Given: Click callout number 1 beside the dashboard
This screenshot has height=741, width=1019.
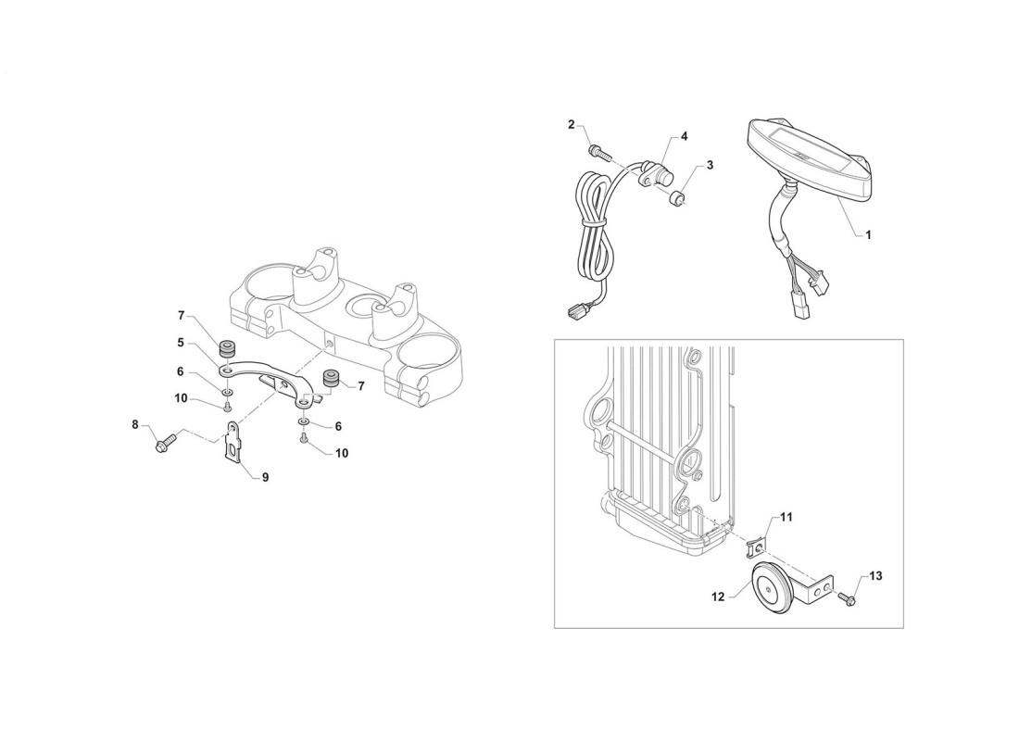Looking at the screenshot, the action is point(868,234).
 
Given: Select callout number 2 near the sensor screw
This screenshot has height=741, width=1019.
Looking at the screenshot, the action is point(572,125).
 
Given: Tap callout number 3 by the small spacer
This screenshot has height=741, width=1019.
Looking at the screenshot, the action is point(710,166).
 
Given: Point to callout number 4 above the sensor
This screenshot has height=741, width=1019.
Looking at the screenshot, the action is point(684,136).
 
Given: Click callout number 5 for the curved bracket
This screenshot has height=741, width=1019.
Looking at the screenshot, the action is point(181,342).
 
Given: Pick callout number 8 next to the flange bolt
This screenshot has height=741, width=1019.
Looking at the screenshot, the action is point(135,425).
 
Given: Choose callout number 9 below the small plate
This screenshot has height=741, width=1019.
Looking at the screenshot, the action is point(265,478).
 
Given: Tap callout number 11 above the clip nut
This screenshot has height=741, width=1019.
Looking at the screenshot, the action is point(786,518).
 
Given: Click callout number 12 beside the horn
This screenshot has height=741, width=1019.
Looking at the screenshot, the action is point(718,597).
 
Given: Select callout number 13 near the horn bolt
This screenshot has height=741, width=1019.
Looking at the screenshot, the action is point(876,576).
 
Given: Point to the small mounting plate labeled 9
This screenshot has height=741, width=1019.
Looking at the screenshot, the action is point(234,443).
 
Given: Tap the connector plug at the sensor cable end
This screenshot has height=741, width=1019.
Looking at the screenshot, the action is point(575,313).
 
